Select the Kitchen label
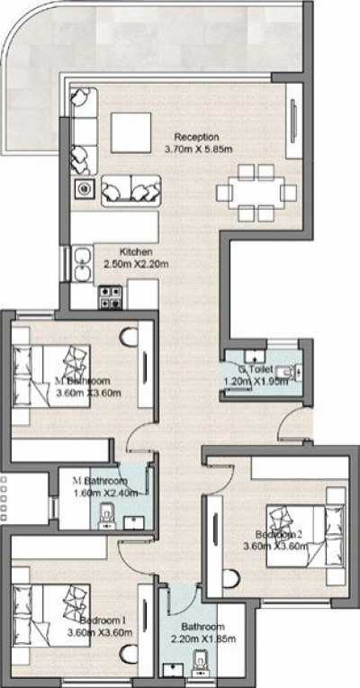pos(136,252)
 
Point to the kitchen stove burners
pos(111,292)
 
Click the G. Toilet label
pos(256,369)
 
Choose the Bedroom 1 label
pos(105,620)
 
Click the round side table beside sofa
pos(84,190)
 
